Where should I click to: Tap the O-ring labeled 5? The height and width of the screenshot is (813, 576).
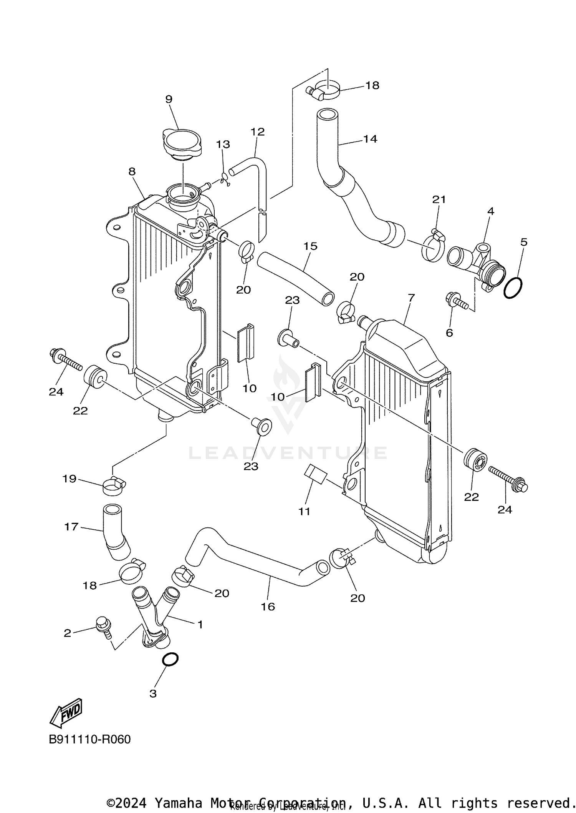pyautogui.click(x=513, y=288)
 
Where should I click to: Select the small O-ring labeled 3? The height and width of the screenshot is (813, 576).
pyautogui.click(x=170, y=659)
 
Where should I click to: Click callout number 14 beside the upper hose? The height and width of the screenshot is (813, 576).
pyautogui.click(x=370, y=139)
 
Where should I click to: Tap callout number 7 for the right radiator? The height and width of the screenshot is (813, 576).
pyautogui.click(x=411, y=298)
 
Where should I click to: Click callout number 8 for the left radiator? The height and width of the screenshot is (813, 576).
pyautogui.click(x=132, y=171)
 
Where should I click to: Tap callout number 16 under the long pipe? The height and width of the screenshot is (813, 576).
pyautogui.click(x=268, y=606)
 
